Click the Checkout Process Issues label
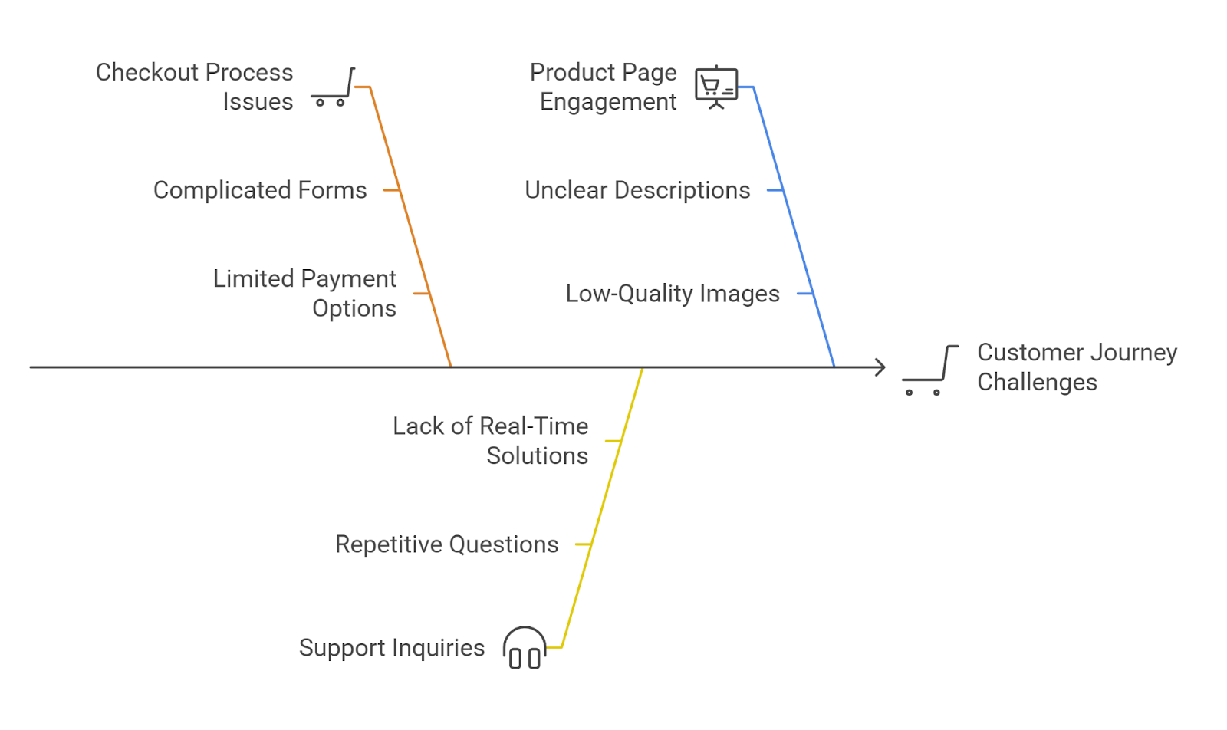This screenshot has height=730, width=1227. coord(194,87)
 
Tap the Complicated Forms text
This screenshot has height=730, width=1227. coord(260,190)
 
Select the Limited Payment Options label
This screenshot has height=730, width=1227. coord(304,293)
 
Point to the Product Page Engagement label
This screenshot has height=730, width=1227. coord(604,87)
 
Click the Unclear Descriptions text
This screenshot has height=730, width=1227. coord(637,190)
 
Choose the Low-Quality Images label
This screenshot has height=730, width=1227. coord(673,294)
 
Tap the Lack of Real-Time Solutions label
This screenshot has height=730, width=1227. coord(491,441)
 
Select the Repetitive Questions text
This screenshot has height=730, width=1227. coord(446,544)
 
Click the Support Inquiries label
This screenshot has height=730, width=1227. coord(392,648)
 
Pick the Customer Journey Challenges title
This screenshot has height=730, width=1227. coord(1077,367)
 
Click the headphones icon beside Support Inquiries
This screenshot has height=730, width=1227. coord(525,648)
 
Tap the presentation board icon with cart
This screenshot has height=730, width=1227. coord(716,87)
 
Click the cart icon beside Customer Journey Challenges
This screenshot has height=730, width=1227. coord(929,370)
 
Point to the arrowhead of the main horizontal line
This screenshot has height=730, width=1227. coord(881,367)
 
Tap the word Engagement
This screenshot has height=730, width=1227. coord(608,102)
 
